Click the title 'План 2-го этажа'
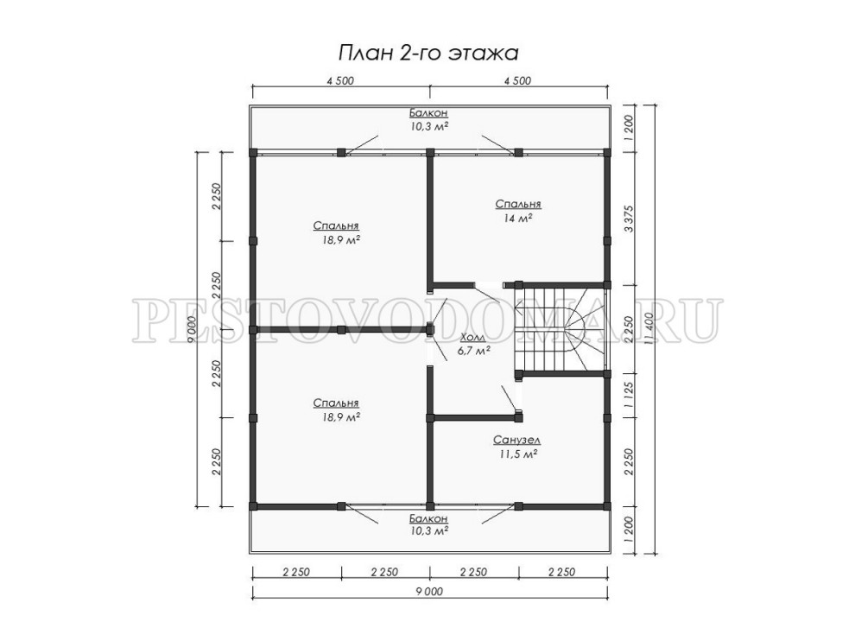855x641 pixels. (428, 54)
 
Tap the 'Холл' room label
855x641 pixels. (472, 338)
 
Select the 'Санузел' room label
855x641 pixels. (517, 440)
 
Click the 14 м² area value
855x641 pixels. (518, 218)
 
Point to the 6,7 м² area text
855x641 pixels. (474, 351)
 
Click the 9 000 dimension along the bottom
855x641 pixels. (429, 591)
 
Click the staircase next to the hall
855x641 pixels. (561, 328)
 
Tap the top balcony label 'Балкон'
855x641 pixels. (428, 113)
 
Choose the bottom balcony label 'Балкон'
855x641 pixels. (428, 517)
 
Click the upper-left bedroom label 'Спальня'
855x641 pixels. (336, 225)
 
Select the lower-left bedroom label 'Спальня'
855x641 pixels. (336, 403)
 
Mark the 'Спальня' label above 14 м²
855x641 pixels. (518, 204)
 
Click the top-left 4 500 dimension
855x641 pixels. (340, 80)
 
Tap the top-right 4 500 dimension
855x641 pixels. (517, 80)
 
